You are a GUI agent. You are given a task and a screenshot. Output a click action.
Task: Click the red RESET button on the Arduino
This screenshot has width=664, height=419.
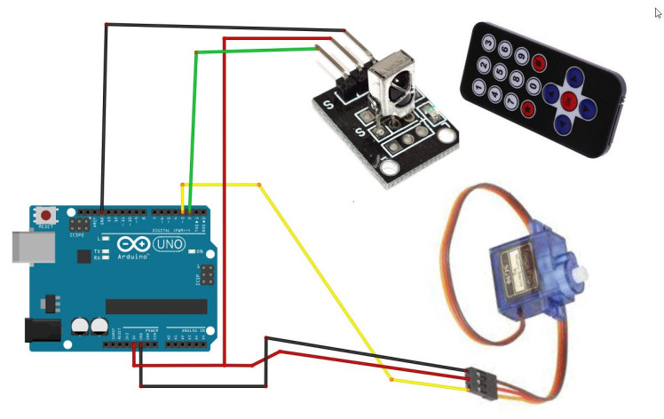[x=45, y=216]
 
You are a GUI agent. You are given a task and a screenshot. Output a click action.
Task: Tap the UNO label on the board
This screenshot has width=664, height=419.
[x=170, y=243]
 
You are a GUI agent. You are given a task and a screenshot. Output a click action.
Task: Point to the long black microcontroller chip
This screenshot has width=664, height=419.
[x=155, y=306]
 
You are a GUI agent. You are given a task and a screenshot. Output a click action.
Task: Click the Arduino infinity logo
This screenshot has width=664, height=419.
[x=130, y=243]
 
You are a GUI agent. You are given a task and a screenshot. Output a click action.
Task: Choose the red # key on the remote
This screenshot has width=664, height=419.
[x=539, y=63]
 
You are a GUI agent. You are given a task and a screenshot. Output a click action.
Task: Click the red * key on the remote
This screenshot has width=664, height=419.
[x=528, y=110]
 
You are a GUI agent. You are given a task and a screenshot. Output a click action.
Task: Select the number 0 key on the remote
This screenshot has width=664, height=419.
[x=534, y=86]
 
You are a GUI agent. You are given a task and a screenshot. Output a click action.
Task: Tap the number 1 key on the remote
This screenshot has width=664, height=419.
[x=478, y=88]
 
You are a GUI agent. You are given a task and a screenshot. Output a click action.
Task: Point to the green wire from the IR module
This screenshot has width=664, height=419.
[x=253, y=52]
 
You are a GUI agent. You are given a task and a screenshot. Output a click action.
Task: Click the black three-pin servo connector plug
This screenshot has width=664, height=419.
[x=479, y=383]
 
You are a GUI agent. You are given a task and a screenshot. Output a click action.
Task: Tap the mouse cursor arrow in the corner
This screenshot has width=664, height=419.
[x=657, y=12]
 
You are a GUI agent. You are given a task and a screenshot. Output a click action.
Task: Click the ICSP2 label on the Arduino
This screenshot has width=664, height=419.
[x=76, y=234]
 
